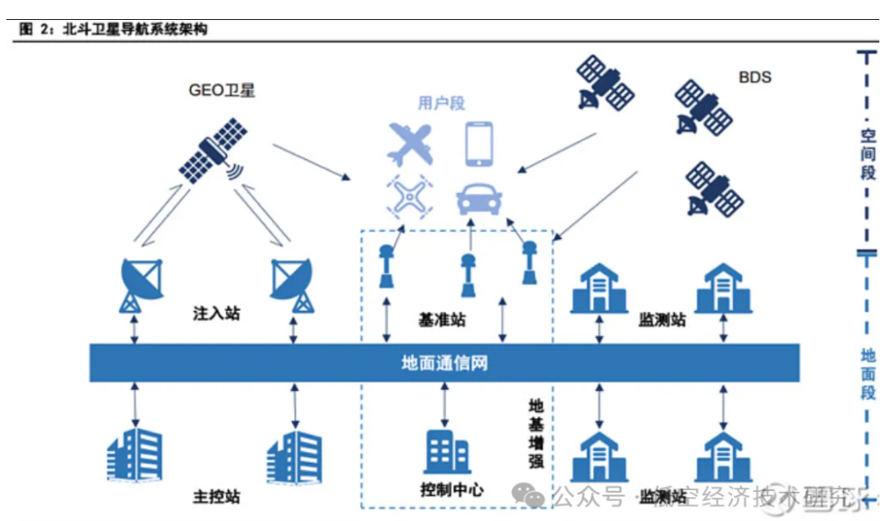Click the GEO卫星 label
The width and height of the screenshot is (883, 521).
click(x=221, y=90)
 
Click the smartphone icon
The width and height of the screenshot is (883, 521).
click(x=481, y=144)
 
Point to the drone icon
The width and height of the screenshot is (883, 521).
click(x=409, y=195)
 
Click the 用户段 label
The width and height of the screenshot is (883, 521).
click(x=441, y=104)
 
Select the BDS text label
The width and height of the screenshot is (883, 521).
click(x=754, y=77)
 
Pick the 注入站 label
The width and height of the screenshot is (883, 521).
click(x=216, y=314)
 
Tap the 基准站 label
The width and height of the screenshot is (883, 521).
click(x=442, y=320)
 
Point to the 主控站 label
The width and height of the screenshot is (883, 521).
click(x=217, y=497)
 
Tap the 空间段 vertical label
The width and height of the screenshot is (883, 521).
click(x=868, y=155)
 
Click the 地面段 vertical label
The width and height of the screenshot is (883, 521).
click(x=868, y=374)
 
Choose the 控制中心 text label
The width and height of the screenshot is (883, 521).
click(x=451, y=489)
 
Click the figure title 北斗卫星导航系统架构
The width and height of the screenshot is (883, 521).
click(x=135, y=29)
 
